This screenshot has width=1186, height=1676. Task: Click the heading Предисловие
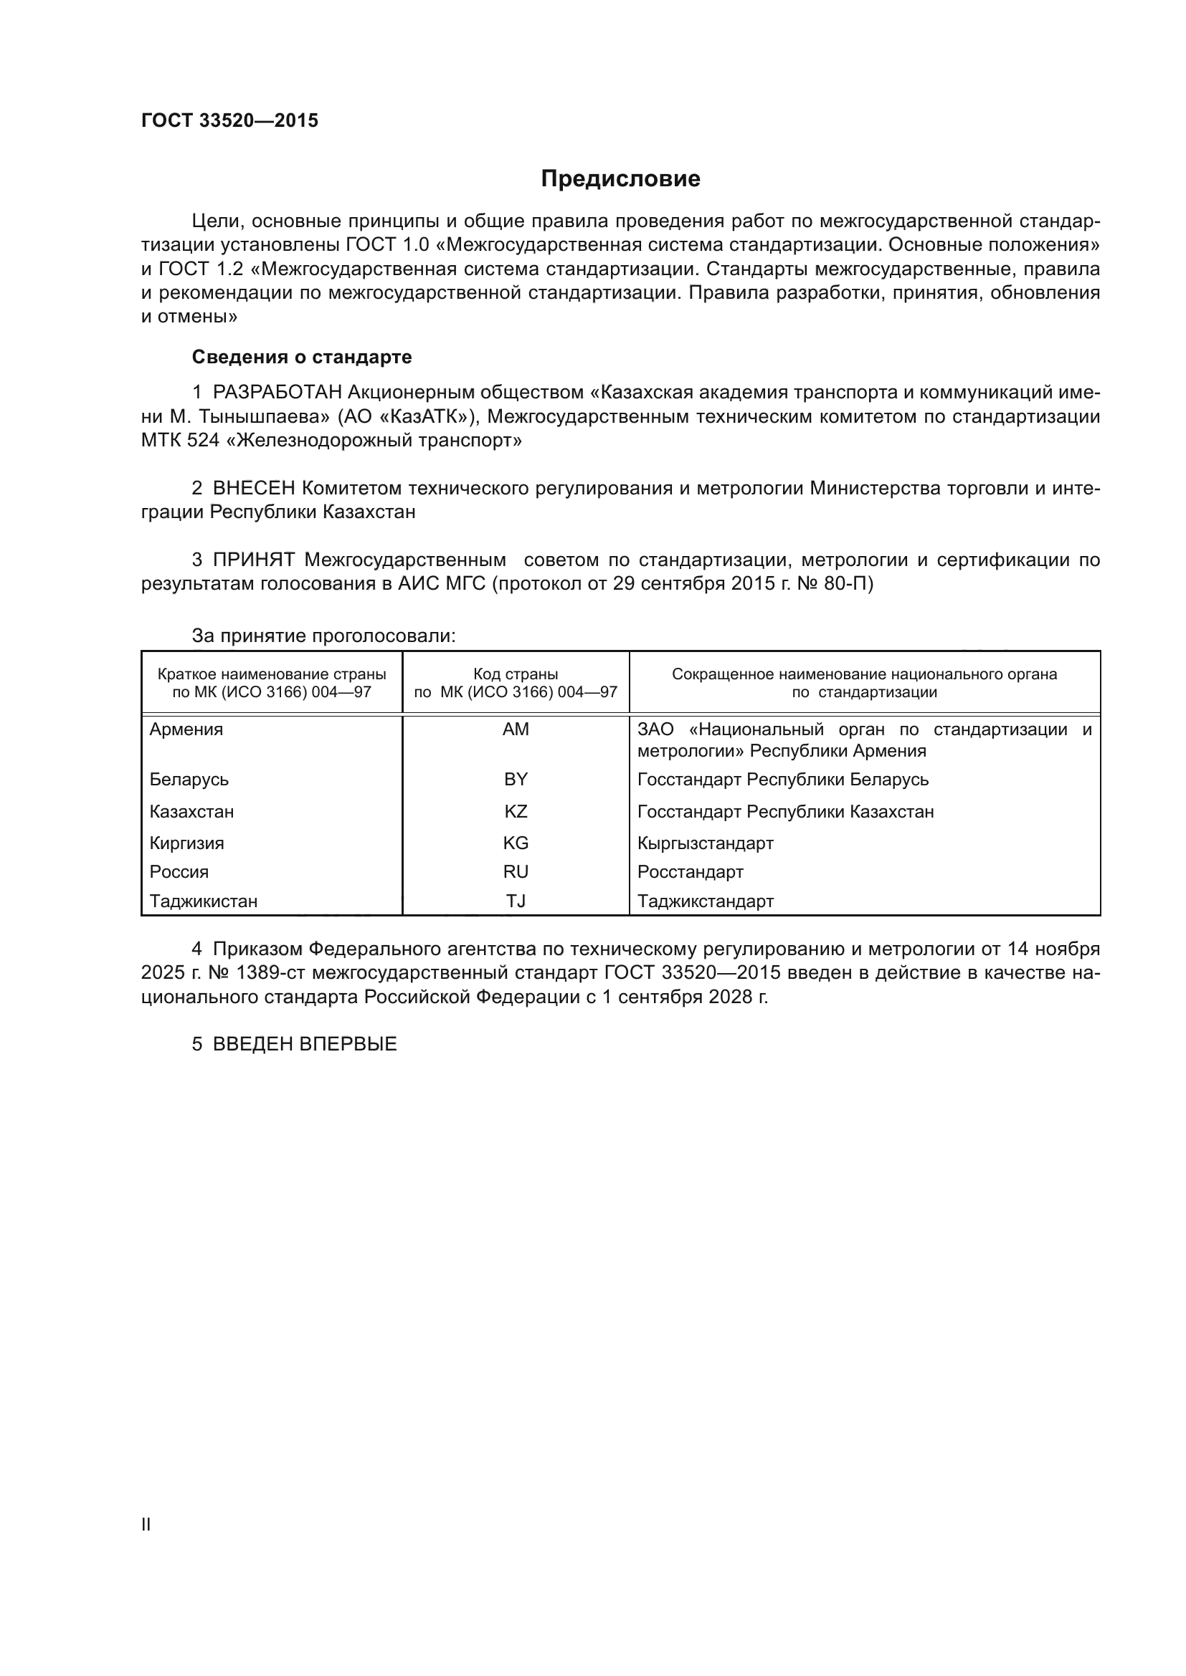620,179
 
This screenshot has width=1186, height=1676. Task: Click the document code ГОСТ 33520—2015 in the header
229,121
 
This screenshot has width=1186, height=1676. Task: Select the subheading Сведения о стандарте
302,357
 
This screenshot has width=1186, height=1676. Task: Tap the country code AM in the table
516,729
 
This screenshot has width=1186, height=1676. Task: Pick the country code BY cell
516,780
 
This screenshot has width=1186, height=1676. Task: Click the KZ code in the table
516,812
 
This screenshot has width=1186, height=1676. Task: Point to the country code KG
516,843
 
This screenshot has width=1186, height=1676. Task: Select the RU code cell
516,871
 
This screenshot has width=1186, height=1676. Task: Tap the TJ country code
516,901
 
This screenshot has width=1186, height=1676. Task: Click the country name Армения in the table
186,729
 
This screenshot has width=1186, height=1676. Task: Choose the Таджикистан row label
203,901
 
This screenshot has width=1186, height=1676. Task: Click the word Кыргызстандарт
705,843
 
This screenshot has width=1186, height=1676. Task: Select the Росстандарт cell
690,871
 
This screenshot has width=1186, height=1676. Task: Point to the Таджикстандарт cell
705,901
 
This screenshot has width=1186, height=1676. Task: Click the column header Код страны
516,674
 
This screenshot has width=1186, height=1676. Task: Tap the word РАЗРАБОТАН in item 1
277,393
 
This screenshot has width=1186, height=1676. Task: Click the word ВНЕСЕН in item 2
254,489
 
